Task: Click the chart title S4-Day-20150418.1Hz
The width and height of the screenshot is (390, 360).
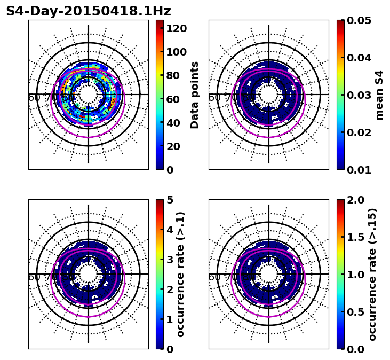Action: (89, 11)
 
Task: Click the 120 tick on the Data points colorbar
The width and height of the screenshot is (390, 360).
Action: (176, 28)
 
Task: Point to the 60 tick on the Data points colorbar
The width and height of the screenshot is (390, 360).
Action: (173, 99)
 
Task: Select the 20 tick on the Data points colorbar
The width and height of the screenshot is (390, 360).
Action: (173, 146)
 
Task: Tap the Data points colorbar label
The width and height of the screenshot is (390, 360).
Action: (195, 95)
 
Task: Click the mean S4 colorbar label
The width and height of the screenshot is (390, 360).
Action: (379, 95)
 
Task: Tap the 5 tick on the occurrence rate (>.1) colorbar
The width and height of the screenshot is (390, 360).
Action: (170, 200)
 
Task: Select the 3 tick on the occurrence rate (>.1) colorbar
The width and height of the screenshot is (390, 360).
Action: (170, 260)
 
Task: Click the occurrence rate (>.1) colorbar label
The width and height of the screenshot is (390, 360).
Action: (180, 274)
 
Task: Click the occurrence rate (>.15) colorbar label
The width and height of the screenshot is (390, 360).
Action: (372, 274)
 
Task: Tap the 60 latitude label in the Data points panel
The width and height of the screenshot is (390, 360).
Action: (34, 98)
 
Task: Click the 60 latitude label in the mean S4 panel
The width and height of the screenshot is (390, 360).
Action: (214, 98)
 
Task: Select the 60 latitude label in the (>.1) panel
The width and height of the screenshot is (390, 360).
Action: (34, 277)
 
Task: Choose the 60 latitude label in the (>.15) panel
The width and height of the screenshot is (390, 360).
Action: (214, 277)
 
